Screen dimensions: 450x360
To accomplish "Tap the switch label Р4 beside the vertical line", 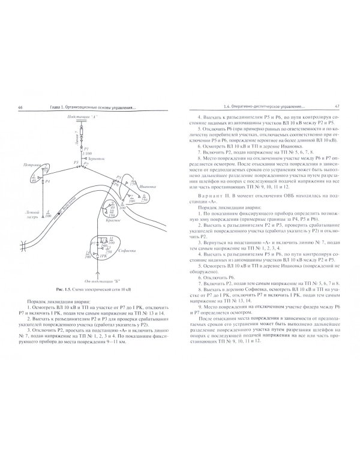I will tap(49, 181).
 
